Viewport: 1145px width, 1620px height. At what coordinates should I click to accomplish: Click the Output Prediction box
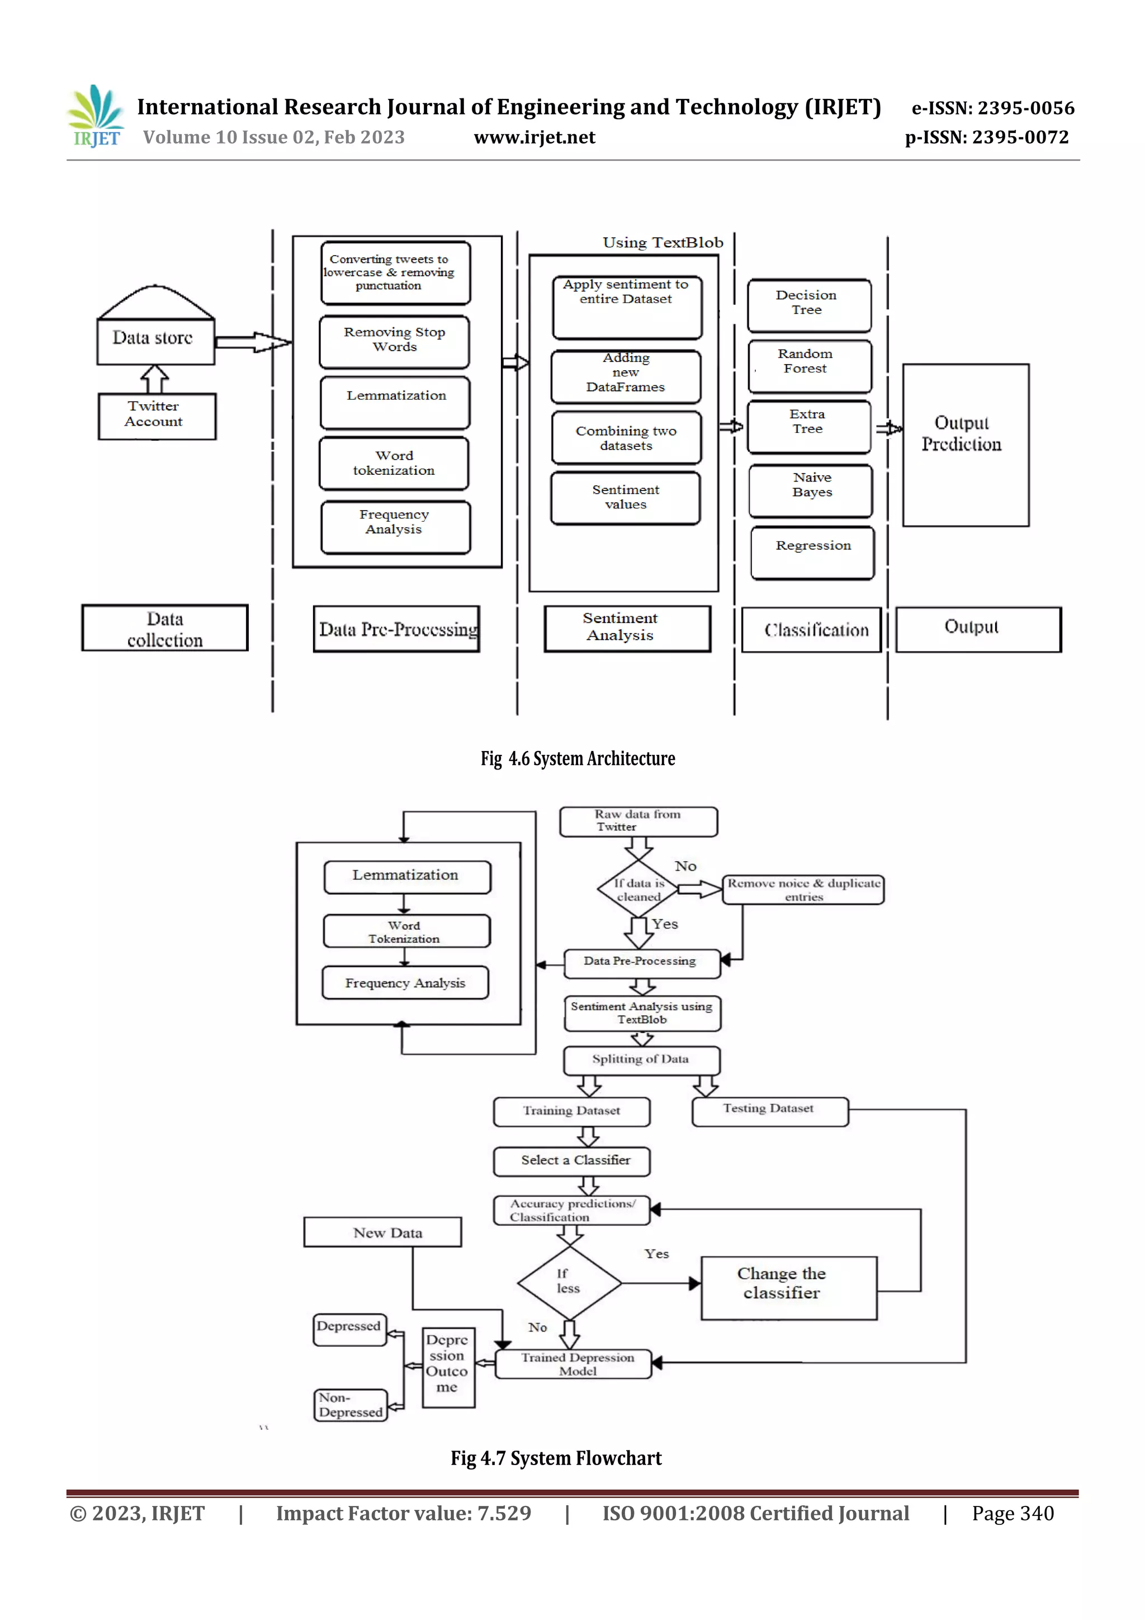pos(965,445)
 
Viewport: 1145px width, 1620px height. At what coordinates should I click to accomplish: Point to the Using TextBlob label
pos(663,243)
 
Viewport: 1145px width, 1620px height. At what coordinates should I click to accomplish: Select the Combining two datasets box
pos(626,437)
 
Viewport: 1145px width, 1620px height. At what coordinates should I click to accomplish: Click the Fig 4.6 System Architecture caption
pos(577,758)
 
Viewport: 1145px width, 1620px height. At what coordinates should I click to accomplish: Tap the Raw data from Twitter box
pos(638,821)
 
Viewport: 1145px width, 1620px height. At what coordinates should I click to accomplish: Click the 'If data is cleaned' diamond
pos(638,890)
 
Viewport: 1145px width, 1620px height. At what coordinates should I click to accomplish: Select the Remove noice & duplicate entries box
pos(803,890)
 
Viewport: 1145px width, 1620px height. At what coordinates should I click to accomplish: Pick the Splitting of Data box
pos(641,1060)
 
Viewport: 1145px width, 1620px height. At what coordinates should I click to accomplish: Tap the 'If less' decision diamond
pos(569,1282)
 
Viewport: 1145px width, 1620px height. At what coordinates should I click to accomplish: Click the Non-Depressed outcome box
pos(350,1405)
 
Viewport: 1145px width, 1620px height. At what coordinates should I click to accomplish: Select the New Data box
pos(382,1232)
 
